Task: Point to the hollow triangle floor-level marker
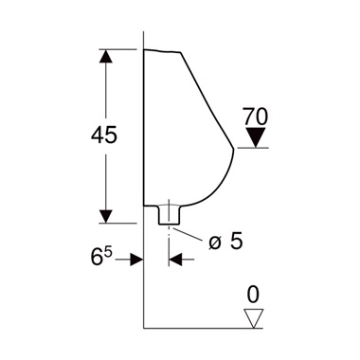252,316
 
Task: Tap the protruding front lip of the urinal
231,150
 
